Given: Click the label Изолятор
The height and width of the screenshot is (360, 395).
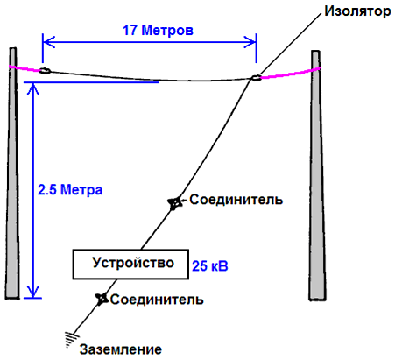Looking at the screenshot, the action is coord(357,11).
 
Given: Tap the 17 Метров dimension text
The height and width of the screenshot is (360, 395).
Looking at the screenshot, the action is coord(158,30).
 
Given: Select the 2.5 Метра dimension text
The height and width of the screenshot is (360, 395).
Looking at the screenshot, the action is coord(70,190).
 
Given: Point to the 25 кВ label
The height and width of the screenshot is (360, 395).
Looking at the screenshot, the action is coord(210,266).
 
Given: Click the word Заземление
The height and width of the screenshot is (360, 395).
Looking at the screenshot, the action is coord(121,349).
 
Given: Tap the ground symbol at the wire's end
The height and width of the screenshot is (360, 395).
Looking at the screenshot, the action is coord(72,339).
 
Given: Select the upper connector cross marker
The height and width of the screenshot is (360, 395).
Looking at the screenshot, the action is coord(174,203).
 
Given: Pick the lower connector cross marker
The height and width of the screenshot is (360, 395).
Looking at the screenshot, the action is coord(102,299).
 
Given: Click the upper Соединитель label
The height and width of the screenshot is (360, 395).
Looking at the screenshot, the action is coord(236,200).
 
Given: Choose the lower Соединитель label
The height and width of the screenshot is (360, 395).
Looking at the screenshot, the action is coord(157,300).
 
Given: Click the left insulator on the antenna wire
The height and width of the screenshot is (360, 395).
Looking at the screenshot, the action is coord(45,71).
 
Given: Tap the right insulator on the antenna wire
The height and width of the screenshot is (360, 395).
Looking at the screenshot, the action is coord(256,78).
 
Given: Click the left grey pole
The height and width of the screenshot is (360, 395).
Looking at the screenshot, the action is coord(12,173).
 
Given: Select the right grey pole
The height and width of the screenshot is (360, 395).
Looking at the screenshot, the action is coord(317,175).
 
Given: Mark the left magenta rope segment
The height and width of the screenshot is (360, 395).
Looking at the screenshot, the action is coord(25,68).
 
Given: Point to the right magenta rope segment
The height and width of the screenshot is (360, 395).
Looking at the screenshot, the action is coord(291,74).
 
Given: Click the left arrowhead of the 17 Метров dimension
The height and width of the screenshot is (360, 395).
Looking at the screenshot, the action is coord(49,42).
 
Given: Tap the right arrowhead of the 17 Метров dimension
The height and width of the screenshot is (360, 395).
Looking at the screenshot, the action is coord(250,42).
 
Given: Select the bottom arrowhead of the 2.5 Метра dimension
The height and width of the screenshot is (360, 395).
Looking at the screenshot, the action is coord(33,291).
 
